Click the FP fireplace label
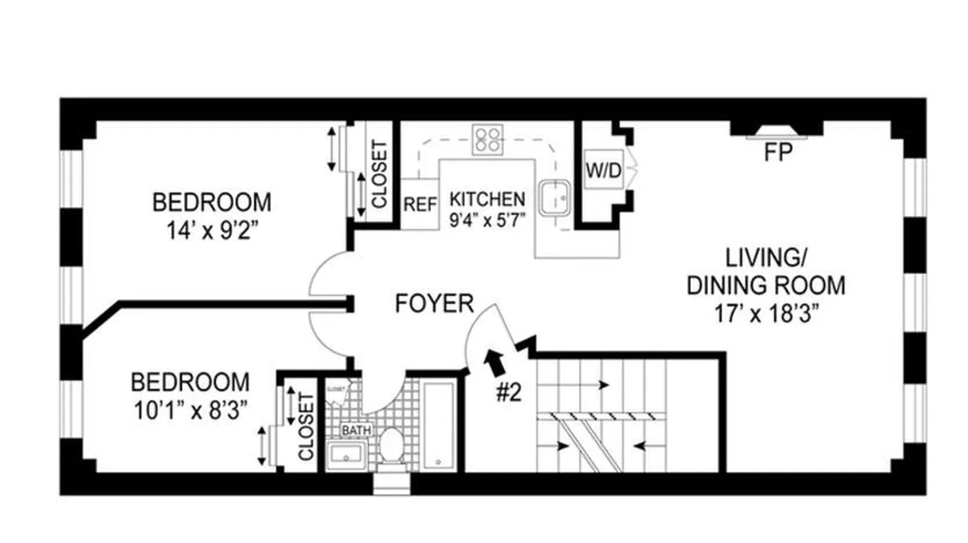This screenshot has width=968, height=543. (778, 153)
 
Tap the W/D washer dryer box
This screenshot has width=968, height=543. (603, 172)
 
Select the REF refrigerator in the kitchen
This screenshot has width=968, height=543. (420, 204)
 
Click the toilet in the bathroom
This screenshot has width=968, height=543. (391, 445)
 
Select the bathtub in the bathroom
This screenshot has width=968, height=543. (439, 426)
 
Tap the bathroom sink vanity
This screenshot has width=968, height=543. (346, 455)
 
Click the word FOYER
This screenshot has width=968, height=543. (434, 303)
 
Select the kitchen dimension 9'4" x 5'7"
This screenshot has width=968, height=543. (487, 219)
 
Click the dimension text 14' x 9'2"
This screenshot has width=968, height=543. (211, 229)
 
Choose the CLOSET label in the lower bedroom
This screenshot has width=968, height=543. (306, 426)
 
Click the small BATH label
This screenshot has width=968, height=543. (352, 430)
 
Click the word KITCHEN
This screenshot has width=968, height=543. (487, 200)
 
